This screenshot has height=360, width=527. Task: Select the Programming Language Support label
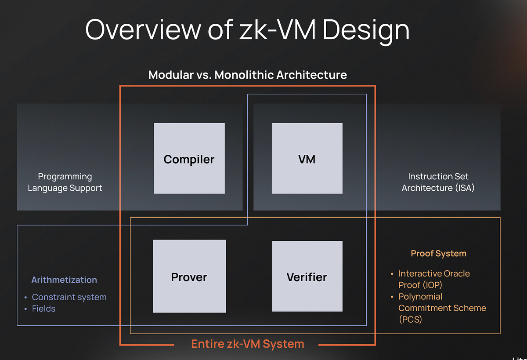[x=65, y=182]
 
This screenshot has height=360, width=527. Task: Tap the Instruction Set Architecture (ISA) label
[x=438, y=182]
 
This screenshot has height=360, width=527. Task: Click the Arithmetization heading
[x=64, y=280]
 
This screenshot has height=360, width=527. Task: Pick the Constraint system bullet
[x=69, y=297]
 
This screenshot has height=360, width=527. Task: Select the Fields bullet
[x=44, y=309]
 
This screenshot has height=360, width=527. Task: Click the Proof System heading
[x=438, y=254]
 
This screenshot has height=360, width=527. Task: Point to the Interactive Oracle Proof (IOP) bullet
[x=434, y=279]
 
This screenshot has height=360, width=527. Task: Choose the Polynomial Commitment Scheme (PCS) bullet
[x=442, y=308]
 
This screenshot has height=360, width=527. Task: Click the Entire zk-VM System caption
[x=247, y=344]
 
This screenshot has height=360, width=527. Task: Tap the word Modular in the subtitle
[x=170, y=75]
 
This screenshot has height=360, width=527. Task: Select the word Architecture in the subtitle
[x=311, y=75]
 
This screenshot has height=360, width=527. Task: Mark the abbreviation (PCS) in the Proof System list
[x=410, y=320]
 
